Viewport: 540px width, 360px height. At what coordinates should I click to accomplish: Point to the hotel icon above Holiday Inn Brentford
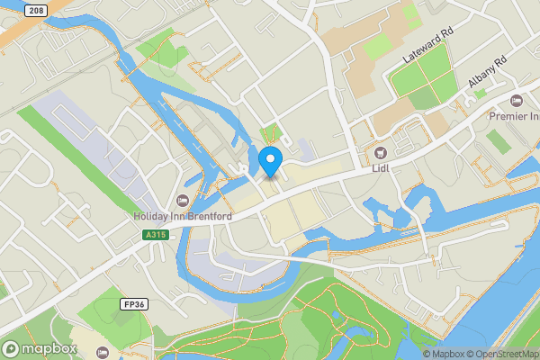point(184,200)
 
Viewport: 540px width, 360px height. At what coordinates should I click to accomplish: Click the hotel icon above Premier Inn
point(516,99)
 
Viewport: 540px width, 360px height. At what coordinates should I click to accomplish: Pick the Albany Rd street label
point(488,70)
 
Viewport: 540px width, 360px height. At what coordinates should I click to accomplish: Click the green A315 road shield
point(156,235)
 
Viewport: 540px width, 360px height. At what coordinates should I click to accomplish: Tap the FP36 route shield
point(132,305)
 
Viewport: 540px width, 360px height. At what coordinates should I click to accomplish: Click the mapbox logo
point(38,348)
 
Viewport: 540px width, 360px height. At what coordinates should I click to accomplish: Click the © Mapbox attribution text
point(439,354)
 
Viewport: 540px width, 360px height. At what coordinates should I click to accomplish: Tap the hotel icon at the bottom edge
point(102,352)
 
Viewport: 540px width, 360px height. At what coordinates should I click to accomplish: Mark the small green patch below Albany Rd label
point(481,93)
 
